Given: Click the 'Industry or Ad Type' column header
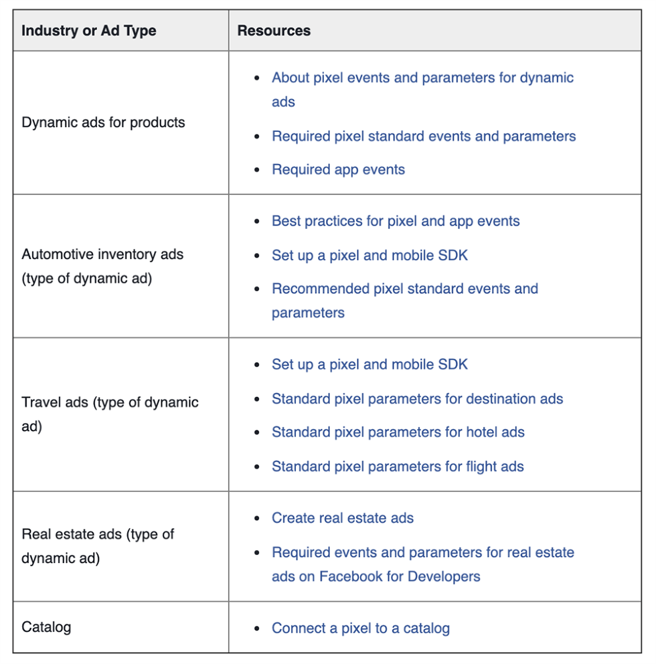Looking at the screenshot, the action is pos(89,31).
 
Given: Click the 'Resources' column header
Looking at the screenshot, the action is pos(274,31).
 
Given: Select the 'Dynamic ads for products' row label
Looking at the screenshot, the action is pos(103,122).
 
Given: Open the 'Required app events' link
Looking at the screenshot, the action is pos(339,170).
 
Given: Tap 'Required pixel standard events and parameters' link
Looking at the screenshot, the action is pos(424,137).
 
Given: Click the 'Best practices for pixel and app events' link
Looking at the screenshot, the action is pos(396,221).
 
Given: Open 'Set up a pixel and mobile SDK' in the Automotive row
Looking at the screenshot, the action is pos(370,255).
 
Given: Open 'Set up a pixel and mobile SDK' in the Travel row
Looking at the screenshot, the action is pos(370,364).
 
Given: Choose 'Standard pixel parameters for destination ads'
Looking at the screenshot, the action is pos(418,399).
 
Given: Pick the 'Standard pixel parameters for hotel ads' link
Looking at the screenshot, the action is pos(398,432).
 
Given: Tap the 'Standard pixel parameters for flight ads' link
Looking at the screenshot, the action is pos(398,467).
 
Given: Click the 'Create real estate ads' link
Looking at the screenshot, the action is pos(343,518).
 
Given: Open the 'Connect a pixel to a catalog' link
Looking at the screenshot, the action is pos(361,629).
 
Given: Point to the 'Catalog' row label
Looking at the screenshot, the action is pos(46,627).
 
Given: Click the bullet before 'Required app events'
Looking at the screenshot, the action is pos(256,170).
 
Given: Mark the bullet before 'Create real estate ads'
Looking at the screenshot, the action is pos(256,518).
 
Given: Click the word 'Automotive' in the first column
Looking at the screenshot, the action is pos(58,254).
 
